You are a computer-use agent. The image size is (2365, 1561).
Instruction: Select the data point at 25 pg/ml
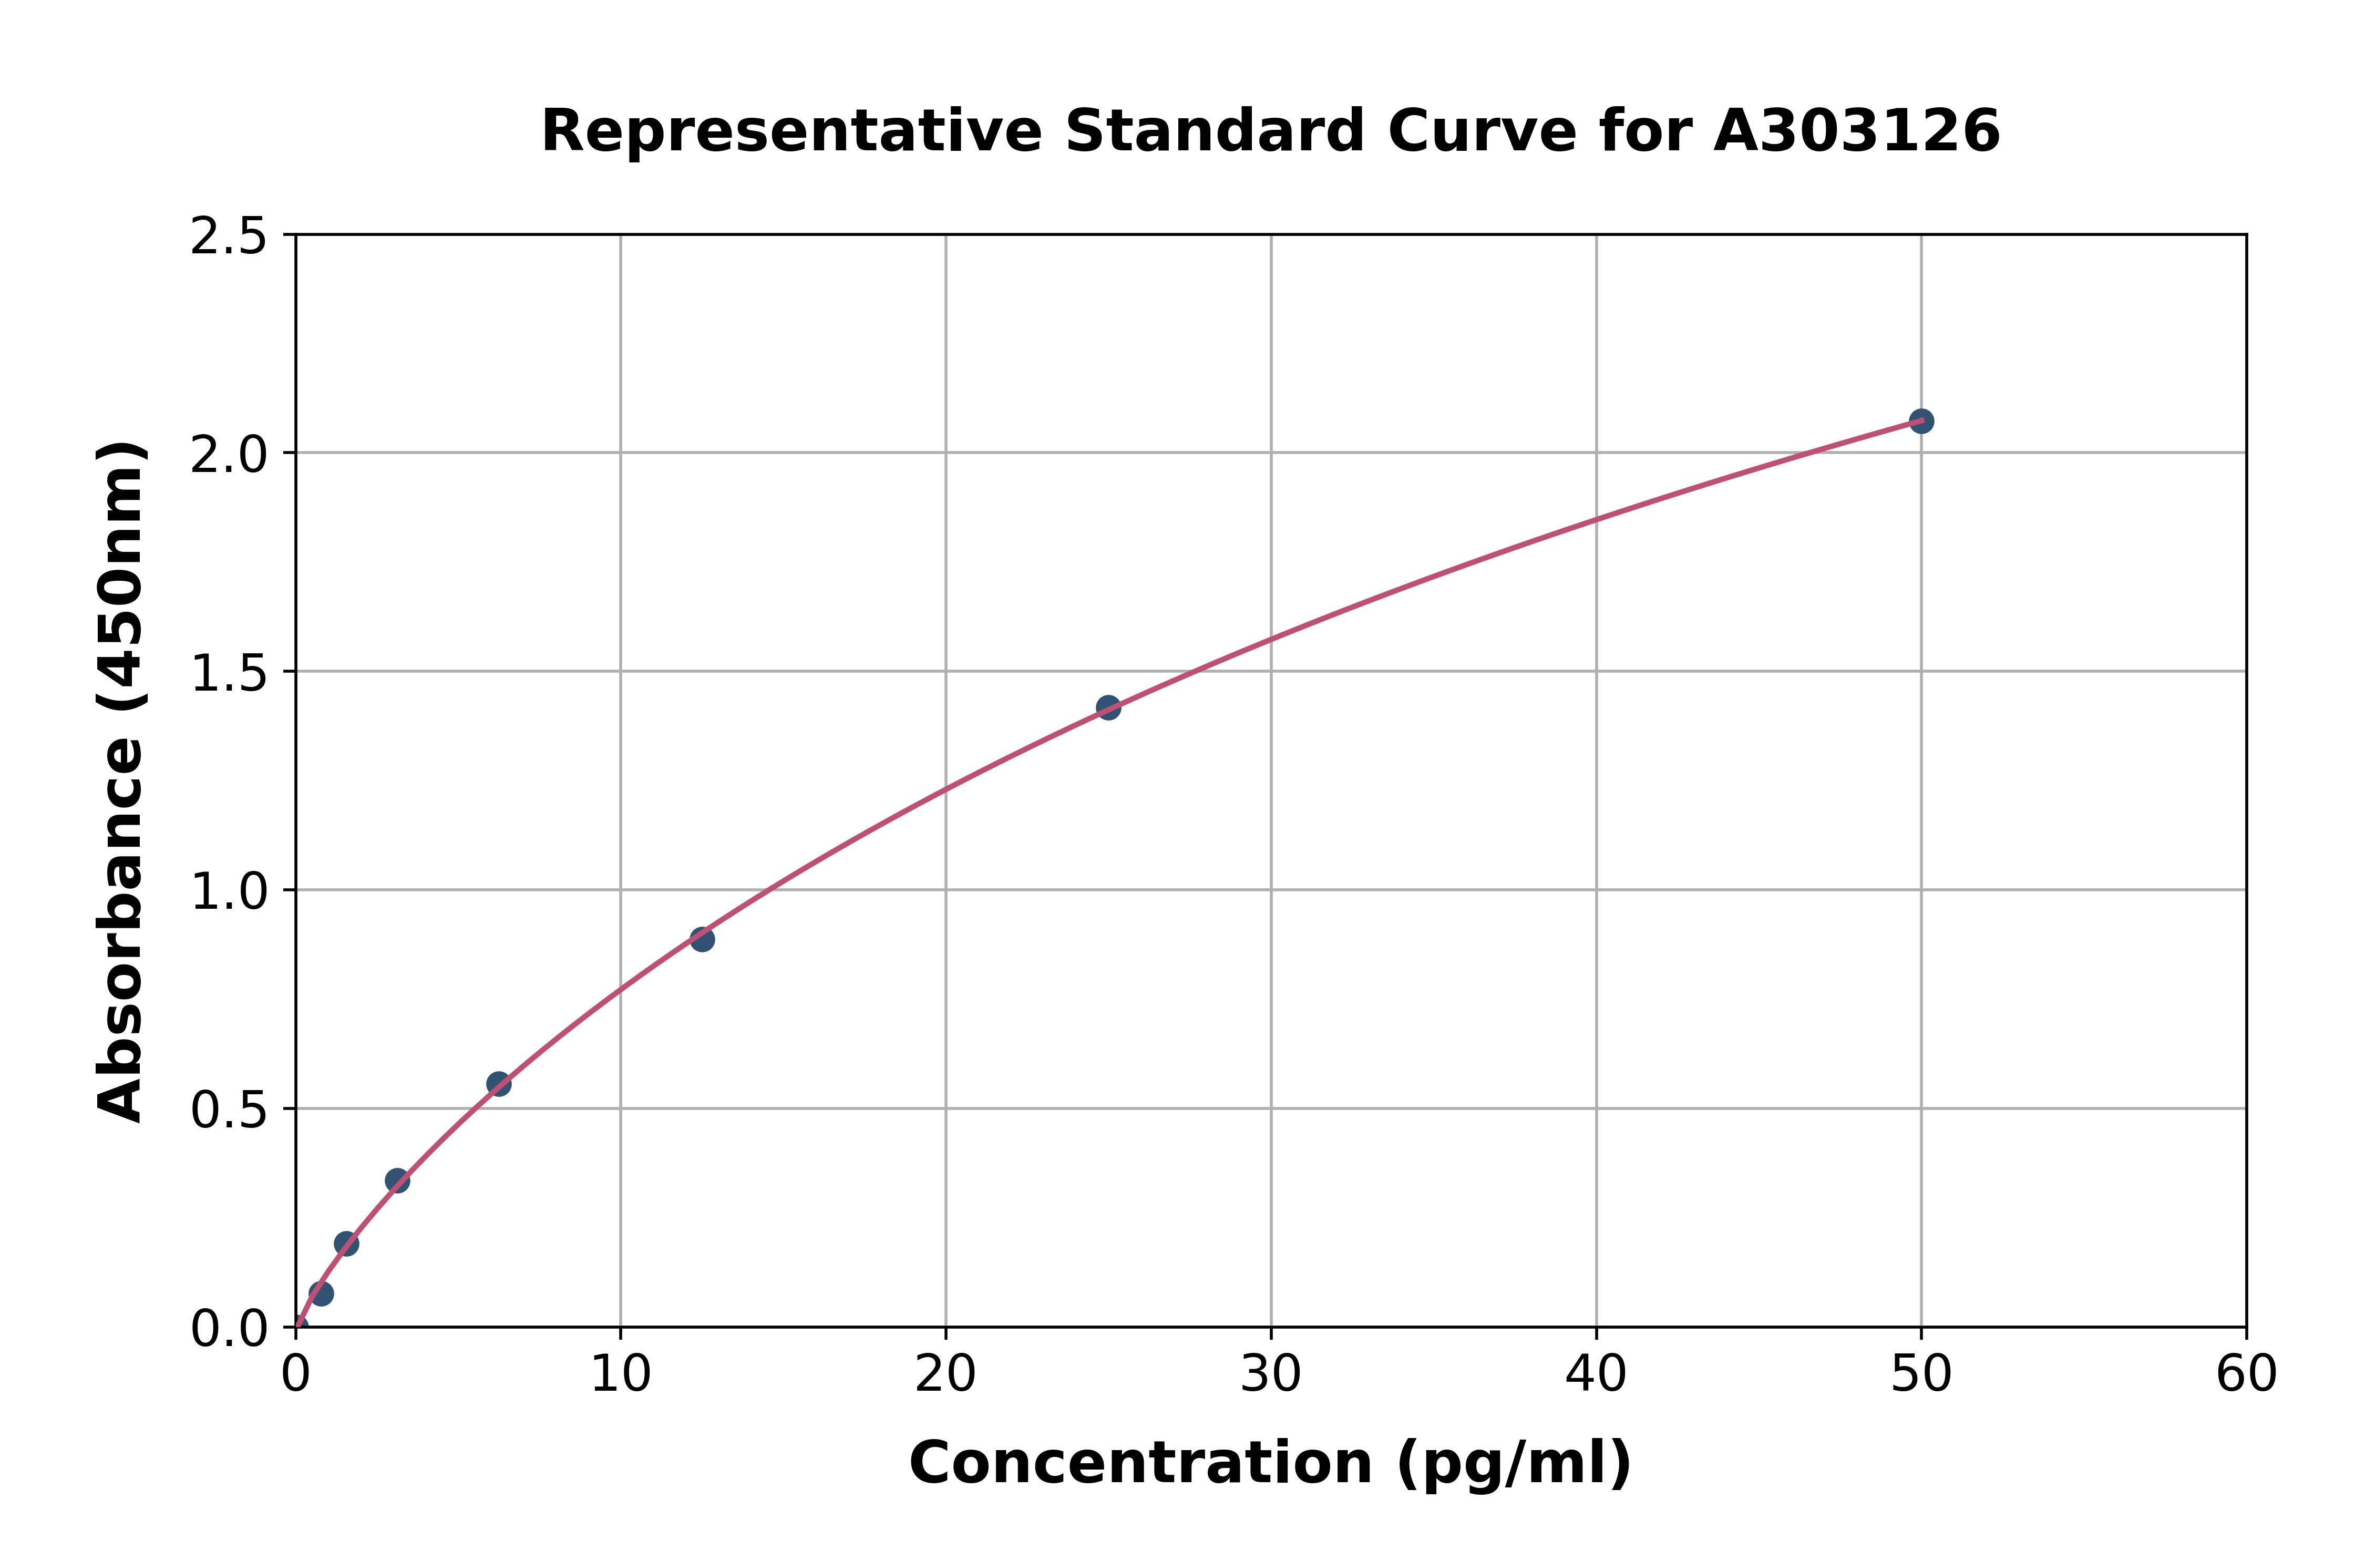click(1108, 708)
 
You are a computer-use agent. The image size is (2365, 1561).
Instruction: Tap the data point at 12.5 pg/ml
click(702, 939)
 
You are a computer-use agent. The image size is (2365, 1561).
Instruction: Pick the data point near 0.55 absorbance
click(499, 1084)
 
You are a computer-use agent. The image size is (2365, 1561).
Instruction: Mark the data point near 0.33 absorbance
click(397, 1180)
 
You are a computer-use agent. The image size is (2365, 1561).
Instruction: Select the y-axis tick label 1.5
click(229, 673)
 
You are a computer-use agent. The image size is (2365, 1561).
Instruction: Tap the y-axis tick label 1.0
click(229, 891)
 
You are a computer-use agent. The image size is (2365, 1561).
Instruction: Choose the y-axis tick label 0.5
click(229, 1109)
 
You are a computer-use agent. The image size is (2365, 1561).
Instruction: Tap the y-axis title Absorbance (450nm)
click(121, 782)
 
